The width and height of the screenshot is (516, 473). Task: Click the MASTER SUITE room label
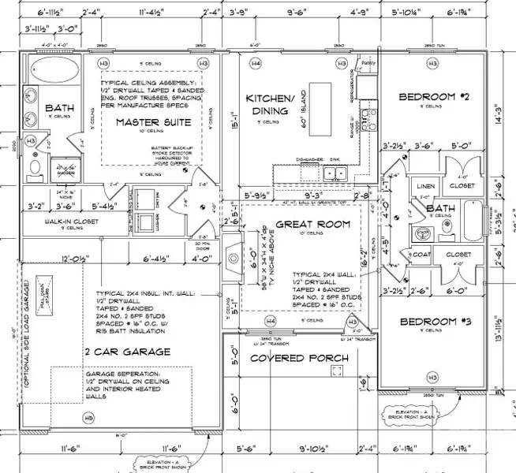(149, 122)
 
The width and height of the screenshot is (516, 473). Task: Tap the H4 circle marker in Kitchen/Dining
(256, 62)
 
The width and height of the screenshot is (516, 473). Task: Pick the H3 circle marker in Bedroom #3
(432, 377)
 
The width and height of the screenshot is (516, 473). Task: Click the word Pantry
(366, 61)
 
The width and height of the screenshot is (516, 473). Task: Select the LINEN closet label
(424, 185)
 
